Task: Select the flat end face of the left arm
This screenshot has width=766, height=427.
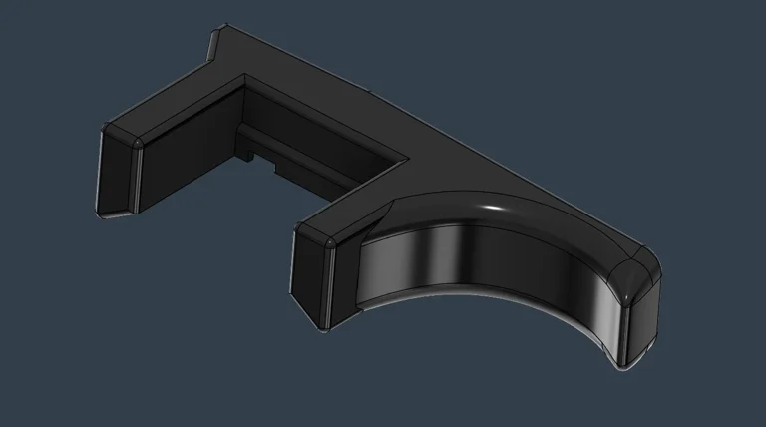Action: click(115, 177)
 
